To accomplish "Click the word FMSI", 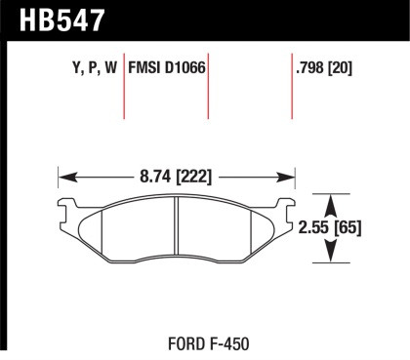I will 146,69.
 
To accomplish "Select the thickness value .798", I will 309,69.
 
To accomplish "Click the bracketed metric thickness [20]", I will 342,69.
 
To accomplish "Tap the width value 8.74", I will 150,178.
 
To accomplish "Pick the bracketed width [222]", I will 192,178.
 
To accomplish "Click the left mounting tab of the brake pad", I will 66,208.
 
